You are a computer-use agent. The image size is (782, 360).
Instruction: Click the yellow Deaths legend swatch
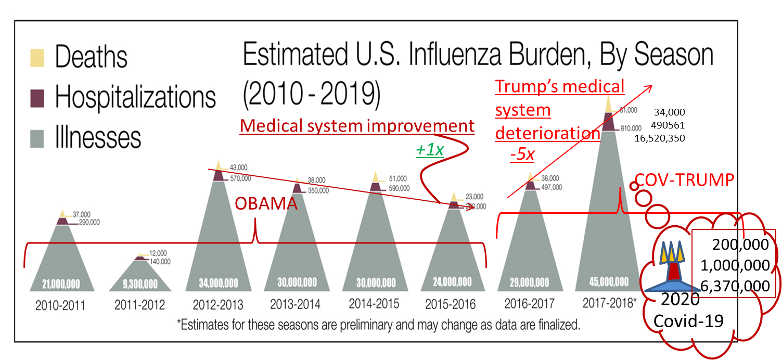37,57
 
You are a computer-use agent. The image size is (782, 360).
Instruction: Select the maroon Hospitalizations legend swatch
37,97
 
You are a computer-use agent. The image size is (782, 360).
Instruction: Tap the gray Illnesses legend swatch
37,138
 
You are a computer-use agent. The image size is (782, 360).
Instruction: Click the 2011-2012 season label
139,304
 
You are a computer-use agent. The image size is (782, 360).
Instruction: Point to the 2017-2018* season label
609,303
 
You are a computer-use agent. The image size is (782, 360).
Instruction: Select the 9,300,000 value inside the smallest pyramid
140,285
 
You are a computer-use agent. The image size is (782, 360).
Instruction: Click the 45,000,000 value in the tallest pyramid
609,282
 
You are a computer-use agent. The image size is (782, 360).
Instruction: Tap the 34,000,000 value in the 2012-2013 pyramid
219,284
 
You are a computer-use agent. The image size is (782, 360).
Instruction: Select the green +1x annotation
429,150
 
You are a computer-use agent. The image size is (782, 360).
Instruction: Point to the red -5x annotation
523,155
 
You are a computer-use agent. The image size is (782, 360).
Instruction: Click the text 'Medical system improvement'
357,126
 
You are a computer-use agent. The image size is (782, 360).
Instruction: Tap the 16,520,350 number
660,138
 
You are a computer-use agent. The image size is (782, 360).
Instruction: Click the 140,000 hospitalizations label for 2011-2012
159,262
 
